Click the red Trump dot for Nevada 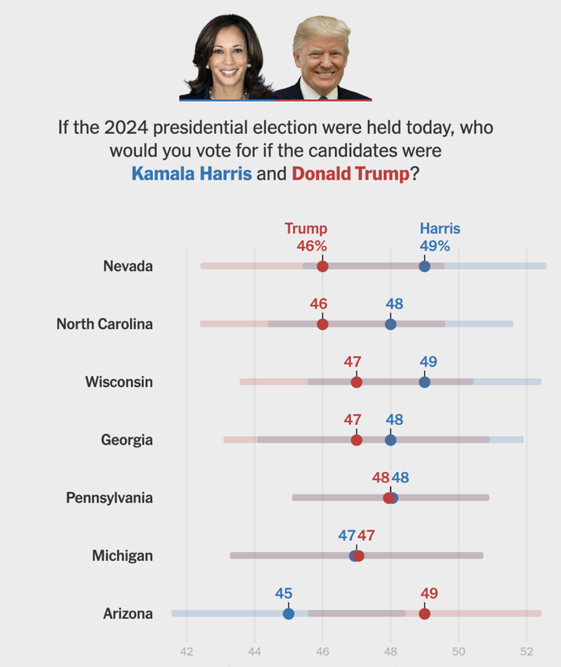click(x=322, y=266)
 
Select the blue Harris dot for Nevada click(x=425, y=266)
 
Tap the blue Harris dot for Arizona click(x=289, y=614)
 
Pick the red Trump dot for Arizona click(x=425, y=614)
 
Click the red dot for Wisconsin click(x=357, y=382)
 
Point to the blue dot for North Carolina click(x=390, y=324)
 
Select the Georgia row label click(x=127, y=440)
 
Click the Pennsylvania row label click(x=109, y=498)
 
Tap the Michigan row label click(x=122, y=555)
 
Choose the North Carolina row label click(x=104, y=324)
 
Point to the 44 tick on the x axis click(x=255, y=651)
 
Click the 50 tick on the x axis click(x=458, y=651)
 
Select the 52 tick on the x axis click(x=527, y=651)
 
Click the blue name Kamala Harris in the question click(x=191, y=173)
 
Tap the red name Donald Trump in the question click(x=350, y=173)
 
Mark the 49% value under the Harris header click(x=435, y=246)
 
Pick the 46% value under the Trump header click(x=312, y=246)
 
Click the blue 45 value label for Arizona click(x=284, y=593)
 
